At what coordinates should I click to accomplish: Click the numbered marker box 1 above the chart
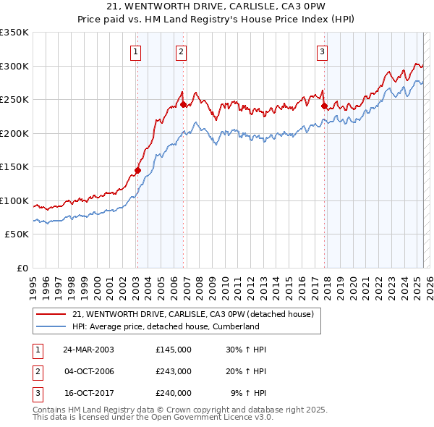136,51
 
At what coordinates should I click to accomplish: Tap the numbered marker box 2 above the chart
180,51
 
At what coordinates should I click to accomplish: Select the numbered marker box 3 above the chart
322,51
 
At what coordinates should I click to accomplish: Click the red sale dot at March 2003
137,171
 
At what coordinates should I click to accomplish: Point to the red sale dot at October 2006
183,105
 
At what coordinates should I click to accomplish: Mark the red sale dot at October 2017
323,107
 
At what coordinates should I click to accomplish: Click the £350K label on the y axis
14,33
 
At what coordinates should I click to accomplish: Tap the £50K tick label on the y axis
17,234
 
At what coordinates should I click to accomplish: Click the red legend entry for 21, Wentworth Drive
192,315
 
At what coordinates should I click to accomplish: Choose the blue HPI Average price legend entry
166,326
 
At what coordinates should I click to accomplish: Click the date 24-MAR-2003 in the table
89,350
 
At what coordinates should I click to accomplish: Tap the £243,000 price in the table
174,371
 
